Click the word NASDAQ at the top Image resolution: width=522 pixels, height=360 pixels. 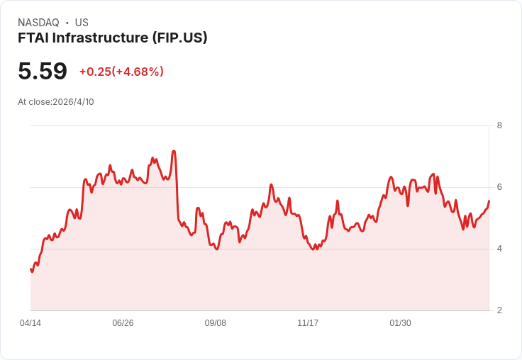pyautogui.click(x=38, y=23)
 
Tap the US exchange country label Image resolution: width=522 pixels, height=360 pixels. pyautogui.click(x=82, y=23)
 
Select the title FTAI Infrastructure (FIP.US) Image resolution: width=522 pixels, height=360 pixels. pyautogui.click(x=112, y=38)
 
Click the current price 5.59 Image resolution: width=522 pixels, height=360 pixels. pyautogui.click(x=43, y=71)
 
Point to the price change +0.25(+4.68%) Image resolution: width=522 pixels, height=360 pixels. pyautogui.click(x=121, y=72)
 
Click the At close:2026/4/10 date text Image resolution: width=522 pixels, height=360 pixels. pyautogui.click(x=56, y=102)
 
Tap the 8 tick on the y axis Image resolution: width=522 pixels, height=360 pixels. pyautogui.click(x=500, y=125)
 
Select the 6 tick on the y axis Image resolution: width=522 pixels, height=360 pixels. pyautogui.click(x=500, y=187)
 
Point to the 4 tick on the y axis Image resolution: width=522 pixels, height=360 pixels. pyautogui.click(x=500, y=249)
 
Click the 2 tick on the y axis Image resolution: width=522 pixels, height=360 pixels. pyautogui.click(x=500, y=310)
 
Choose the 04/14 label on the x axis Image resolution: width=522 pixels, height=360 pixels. pyautogui.click(x=30, y=323)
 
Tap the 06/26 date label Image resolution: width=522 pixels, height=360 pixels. pyautogui.click(x=123, y=323)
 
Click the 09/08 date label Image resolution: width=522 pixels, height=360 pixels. pyautogui.click(x=216, y=323)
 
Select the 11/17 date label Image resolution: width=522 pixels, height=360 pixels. pyautogui.click(x=308, y=323)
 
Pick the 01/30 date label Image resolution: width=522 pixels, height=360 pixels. pyautogui.click(x=400, y=323)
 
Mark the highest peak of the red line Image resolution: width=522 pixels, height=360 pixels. pyautogui.click(x=174, y=151)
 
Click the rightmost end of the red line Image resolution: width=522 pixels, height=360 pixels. pyautogui.click(x=489, y=201)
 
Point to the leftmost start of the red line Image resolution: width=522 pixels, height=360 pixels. pyautogui.click(x=30, y=269)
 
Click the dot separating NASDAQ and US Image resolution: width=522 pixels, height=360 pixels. pyautogui.click(x=67, y=23)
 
